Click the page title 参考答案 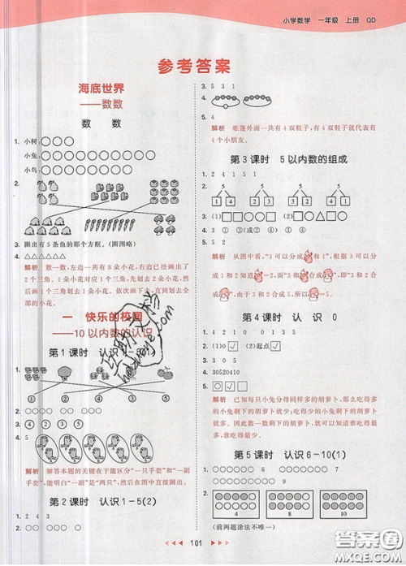coord(203,64)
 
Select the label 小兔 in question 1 coord(31,155)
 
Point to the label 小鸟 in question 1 coord(31,169)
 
